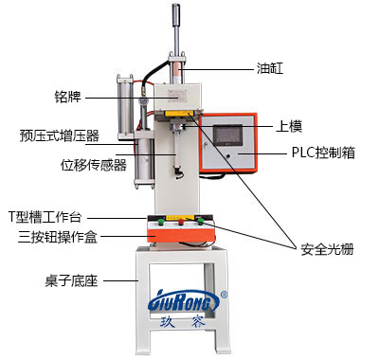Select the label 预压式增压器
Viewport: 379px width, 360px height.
pyautogui.click(x=59, y=135)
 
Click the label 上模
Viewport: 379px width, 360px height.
pyautogui.click(x=289, y=125)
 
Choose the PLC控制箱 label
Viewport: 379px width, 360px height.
pyautogui.click(x=321, y=152)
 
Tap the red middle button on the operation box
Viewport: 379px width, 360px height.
pyautogui.click(x=181, y=224)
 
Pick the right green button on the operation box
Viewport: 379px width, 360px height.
pyautogui.click(x=202, y=224)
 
